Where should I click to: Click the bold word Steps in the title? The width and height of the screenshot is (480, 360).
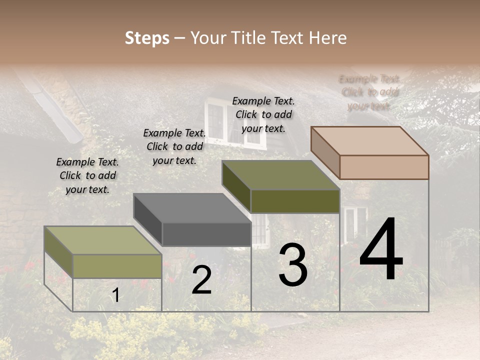(x=147, y=38)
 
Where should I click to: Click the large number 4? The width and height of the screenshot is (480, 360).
(x=381, y=250)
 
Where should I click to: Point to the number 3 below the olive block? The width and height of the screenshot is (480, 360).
(x=293, y=265)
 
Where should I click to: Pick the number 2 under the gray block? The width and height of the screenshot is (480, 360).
(x=201, y=280)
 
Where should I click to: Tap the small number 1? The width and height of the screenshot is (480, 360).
(x=116, y=295)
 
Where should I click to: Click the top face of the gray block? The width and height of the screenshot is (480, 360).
(x=192, y=207)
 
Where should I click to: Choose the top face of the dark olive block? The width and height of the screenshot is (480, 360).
(x=281, y=175)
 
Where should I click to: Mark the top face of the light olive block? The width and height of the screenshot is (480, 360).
(x=103, y=240)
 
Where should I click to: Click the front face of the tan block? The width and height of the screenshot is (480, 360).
(x=384, y=167)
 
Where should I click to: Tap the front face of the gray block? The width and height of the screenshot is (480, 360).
(x=206, y=234)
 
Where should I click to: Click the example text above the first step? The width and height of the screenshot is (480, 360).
(x=87, y=175)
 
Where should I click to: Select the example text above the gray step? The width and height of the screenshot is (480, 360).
(x=174, y=146)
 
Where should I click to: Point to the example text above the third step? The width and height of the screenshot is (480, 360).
(x=263, y=114)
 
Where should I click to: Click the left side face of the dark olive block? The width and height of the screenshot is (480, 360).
(x=236, y=186)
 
